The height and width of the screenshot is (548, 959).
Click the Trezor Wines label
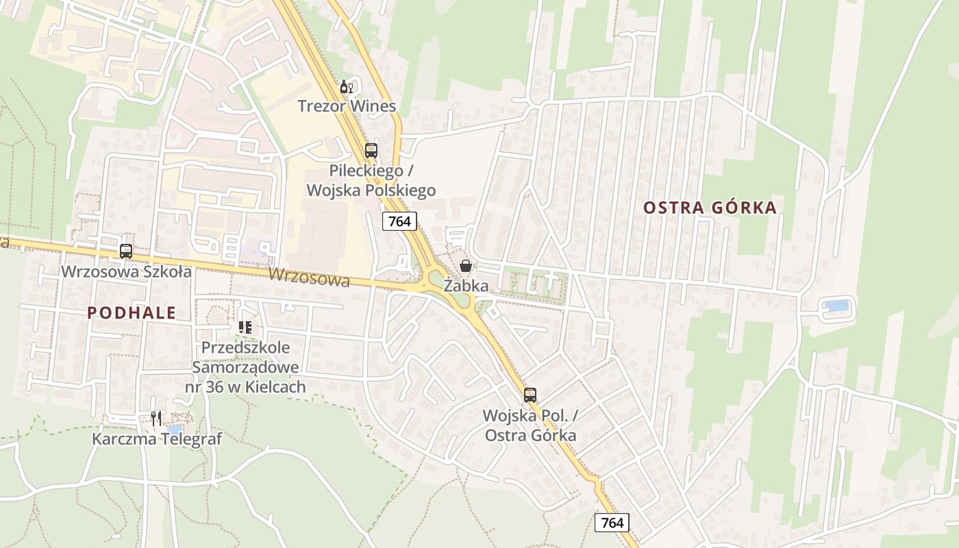click(x=347, y=106)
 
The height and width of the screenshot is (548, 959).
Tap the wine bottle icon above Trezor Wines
click(x=347, y=87)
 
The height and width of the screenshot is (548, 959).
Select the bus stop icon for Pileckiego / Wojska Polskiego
click(x=371, y=151)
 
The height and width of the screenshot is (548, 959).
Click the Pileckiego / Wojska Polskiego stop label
click(x=371, y=180)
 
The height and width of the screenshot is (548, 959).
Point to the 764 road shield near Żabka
click(x=399, y=221)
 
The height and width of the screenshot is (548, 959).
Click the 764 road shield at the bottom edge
click(x=612, y=523)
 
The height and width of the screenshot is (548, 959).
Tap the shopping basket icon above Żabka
click(x=466, y=266)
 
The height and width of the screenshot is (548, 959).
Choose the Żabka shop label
click(x=466, y=286)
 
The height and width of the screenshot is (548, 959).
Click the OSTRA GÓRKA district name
click(x=710, y=208)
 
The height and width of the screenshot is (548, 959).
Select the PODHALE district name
click(x=132, y=313)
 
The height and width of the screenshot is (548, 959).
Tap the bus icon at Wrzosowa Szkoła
click(x=126, y=251)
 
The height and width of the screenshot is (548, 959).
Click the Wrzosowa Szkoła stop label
click(x=127, y=271)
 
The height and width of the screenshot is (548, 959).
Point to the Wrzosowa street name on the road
click(x=309, y=277)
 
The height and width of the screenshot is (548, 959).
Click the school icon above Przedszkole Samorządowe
click(x=245, y=327)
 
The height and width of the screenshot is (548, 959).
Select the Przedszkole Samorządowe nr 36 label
click(x=245, y=367)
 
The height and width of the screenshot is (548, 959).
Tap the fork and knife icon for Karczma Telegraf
click(x=156, y=418)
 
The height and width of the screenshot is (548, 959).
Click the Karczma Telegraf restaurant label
click(x=157, y=439)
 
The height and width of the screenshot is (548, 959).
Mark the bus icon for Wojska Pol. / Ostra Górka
click(x=530, y=395)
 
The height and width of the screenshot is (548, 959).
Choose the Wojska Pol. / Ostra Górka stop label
click(x=530, y=425)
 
